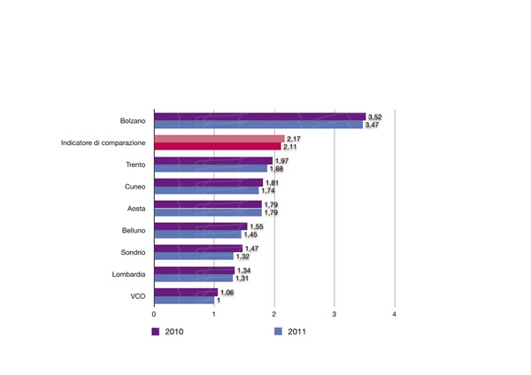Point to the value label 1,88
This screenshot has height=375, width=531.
pyautogui.click(x=280, y=169)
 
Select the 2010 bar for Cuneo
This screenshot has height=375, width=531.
pyautogui.click(x=209, y=182)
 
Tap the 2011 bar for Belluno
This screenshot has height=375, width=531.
pyautogui.click(x=198, y=234)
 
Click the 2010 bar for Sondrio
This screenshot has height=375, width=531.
pyautogui.click(x=198, y=249)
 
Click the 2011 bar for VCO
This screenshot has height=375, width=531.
pyautogui.click(x=184, y=300)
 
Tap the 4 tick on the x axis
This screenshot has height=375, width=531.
pyautogui.click(x=395, y=314)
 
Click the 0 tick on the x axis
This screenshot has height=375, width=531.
pyautogui.click(x=155, y=314)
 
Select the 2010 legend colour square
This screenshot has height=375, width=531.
pyautogui.click(x=155, y=332)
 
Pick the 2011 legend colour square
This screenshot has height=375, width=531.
pyautogui.click(x=276, y=332)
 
